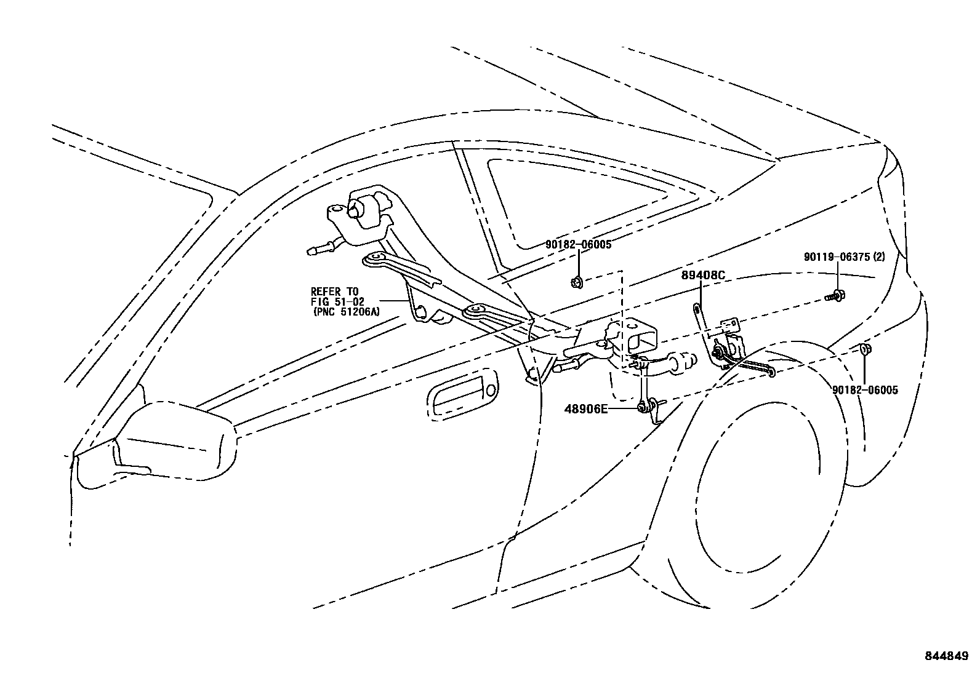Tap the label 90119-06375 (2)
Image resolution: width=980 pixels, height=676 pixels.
coord(844,257)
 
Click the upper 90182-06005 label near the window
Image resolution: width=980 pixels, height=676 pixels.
coord(578,244)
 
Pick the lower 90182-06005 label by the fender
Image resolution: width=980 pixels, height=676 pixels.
coord(865,390)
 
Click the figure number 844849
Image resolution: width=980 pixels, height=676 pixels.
coord(946,656)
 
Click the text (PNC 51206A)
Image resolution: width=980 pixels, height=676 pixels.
coord(345,312)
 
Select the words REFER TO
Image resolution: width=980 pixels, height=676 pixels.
coord(334,291)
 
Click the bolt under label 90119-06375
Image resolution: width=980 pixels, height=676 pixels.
coord(836,296)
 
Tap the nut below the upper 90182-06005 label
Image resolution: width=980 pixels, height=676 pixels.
coord(577,283)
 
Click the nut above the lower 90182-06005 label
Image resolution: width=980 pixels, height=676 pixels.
coord(864,350)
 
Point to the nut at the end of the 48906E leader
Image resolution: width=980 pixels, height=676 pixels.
coord(643,406)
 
